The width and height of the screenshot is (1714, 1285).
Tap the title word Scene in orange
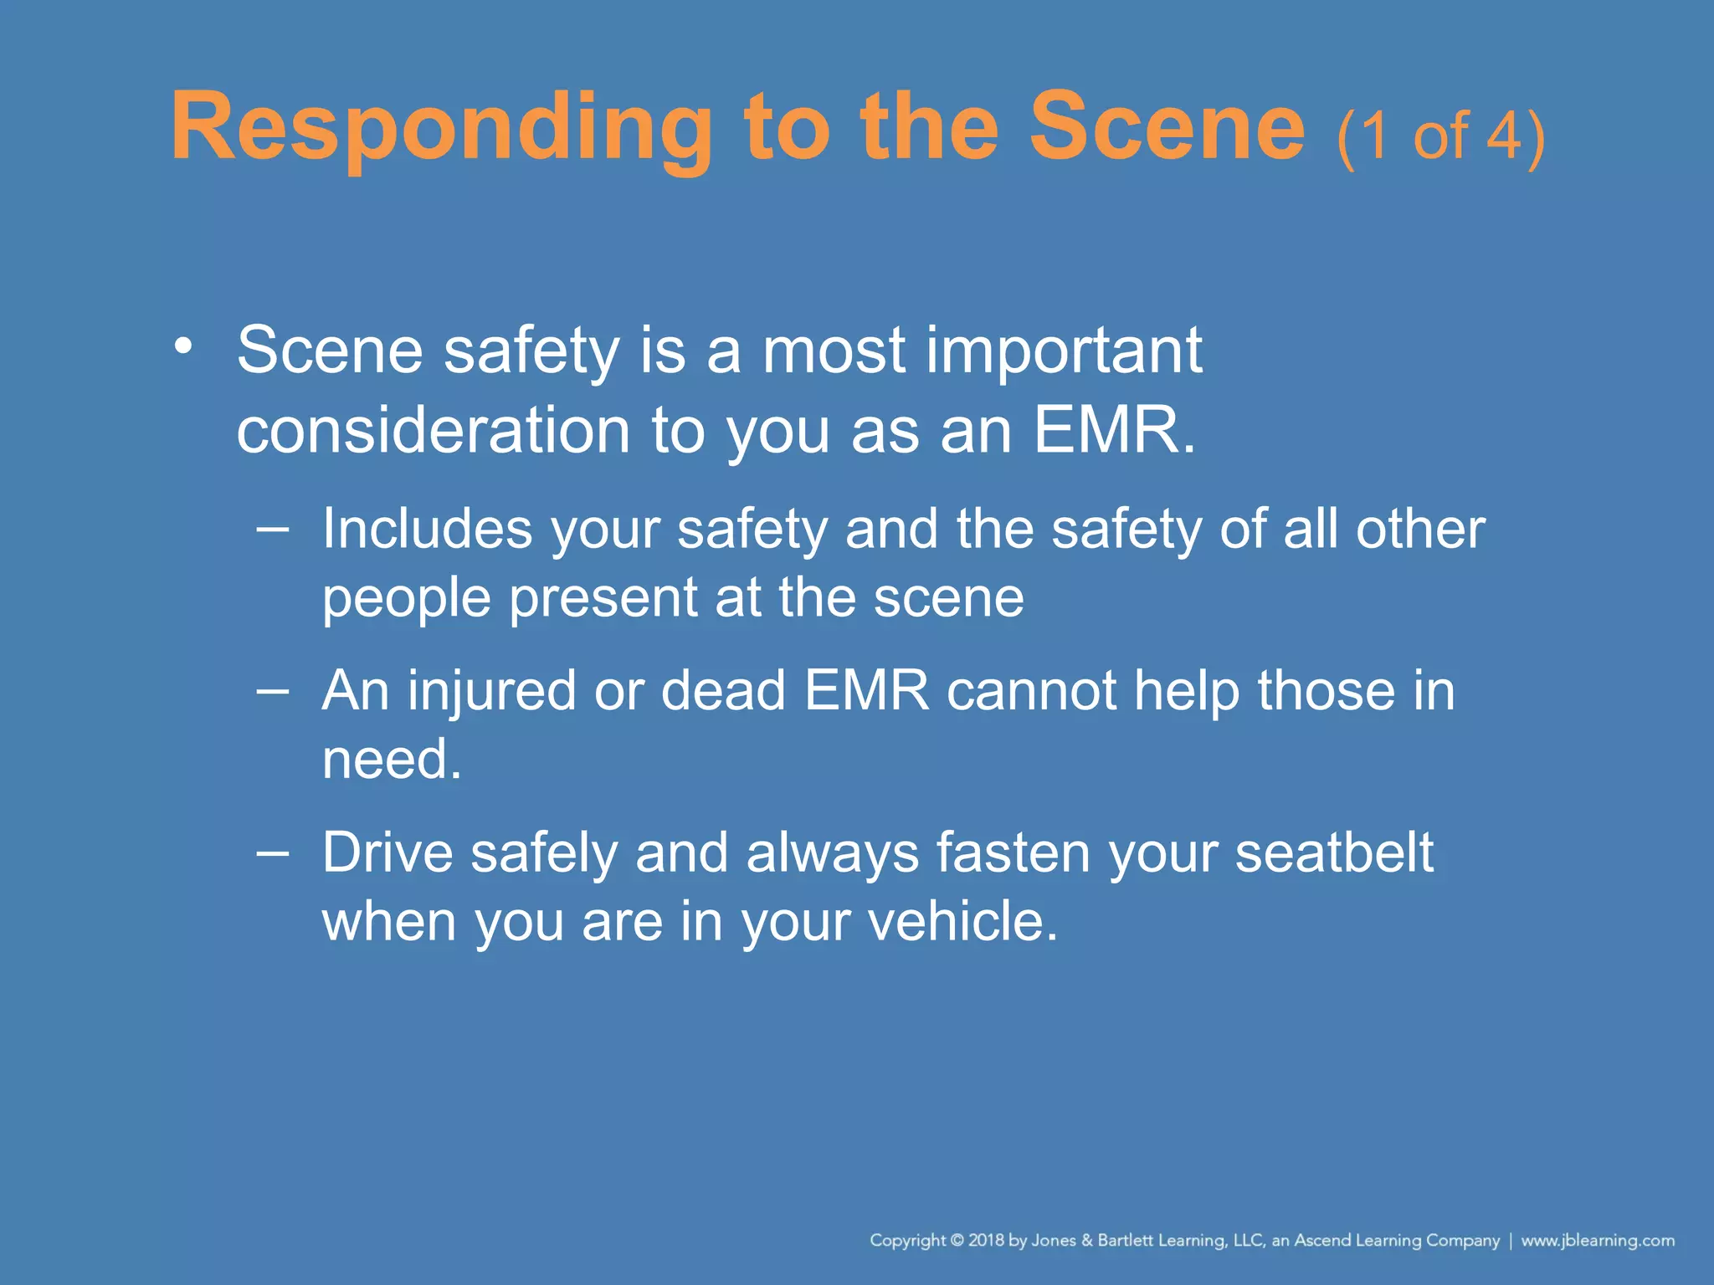[1166, 127]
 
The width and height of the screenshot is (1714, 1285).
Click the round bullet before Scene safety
[183, 346]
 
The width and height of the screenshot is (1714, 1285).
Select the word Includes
[427, 529]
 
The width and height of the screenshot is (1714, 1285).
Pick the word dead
[723, 691]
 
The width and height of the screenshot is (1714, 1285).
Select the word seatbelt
[1334, 852]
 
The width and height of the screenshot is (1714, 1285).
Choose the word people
[406, 599]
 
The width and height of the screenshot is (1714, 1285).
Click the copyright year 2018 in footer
[986, 1241]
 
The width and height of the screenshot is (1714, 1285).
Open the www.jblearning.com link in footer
[1598, 1241]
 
